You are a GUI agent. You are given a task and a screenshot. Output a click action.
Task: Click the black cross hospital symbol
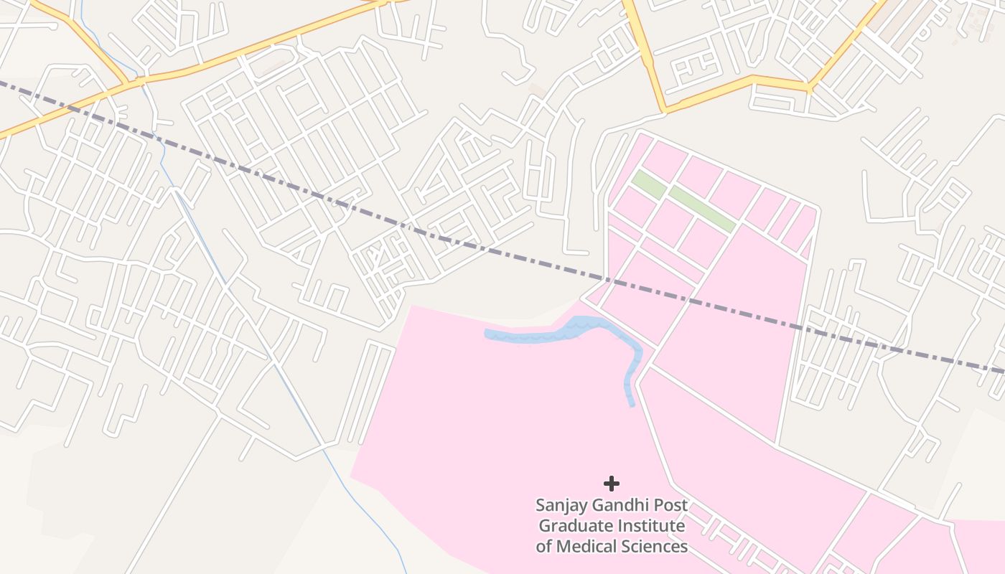tap(611, 483)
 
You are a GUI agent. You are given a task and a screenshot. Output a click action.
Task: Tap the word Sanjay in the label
tap(561, 505)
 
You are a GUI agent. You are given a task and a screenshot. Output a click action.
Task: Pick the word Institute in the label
tap(652, 526)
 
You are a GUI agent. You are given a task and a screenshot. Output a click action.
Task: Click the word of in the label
tap(544, 547)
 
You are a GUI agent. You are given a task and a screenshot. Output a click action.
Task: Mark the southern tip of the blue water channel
tap(632, 405)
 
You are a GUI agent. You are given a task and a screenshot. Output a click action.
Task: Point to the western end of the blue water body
tap(487, 333)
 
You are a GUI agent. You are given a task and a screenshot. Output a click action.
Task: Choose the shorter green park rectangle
tap(648, 184)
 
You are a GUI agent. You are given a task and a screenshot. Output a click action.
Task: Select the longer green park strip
tap(703, 209)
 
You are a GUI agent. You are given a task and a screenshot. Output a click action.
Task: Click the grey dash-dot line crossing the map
tap(502, 250)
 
